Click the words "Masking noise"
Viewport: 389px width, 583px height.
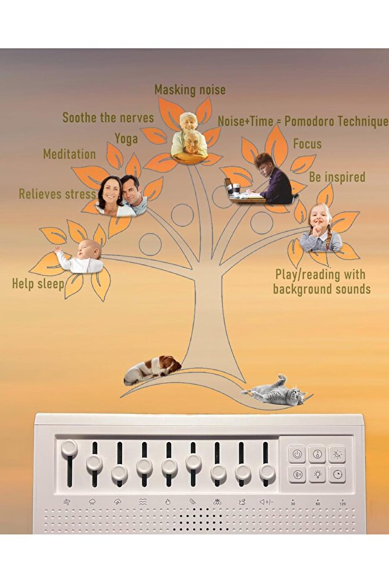[x=190, y=90]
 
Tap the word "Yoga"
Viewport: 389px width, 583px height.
[x=126, y=139]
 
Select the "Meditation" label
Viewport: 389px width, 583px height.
[x=70, y=154]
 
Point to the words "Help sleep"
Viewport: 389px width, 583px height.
[x=38, y=284]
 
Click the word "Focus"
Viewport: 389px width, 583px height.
[x=307, y=144]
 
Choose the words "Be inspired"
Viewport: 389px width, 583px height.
[x=337, y=177]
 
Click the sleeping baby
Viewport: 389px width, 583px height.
[x=79, y=257]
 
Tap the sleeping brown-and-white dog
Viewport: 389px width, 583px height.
[x=152, y=369]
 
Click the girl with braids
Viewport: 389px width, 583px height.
[x=320, y=227]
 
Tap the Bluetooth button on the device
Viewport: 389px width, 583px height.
[x=297, y=474]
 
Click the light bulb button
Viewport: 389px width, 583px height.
[x=317, y=474]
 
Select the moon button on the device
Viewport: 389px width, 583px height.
[x=337, y=454]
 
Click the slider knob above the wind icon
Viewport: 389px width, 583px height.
[x=69, y=448]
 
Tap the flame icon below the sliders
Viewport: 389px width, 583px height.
[x=168, y=502]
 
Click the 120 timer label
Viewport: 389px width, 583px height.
[x=343, y=502]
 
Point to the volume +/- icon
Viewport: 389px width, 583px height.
[x=266, y=502]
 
